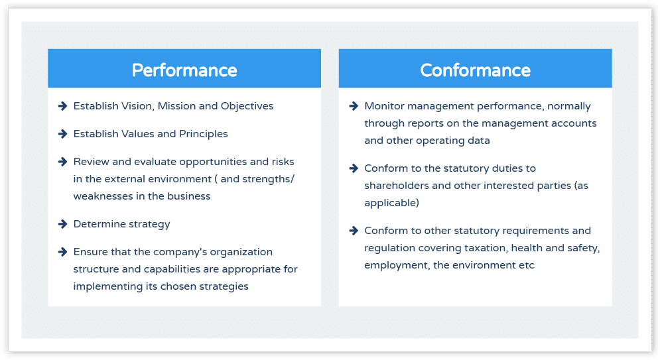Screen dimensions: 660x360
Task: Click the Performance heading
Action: click(x=184, y=70)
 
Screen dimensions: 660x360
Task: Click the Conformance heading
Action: click(x=475, y=70)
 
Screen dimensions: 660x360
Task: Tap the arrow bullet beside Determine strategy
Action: click(x=63, y=223)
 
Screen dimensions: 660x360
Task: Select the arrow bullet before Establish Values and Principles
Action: click(x=63, y=134)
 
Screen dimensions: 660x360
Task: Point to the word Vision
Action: click(x=138, y=106)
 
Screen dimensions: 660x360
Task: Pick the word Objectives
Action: click(x=247, y=106)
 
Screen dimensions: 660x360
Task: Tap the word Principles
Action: click(x=203, y=134)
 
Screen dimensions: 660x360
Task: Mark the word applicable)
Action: click(x=391, y=203)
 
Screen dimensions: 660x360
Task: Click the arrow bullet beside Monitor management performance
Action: click(x=354, y=106)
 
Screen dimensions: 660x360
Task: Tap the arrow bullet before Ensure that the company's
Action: click(x=63, y=251)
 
